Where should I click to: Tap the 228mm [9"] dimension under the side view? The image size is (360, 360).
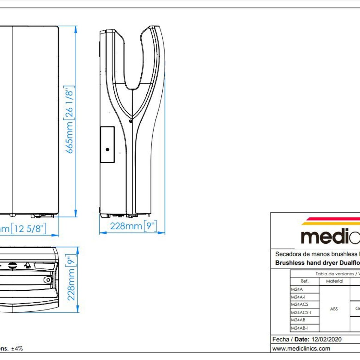pos(133,226)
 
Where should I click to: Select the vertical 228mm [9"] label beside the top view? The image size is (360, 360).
pos(71,278)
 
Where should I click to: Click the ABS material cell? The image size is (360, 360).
pos(334,309)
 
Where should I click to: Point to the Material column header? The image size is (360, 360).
pos(334,281)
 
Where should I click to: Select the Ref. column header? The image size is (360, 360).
pos(304,281)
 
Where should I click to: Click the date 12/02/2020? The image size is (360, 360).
pos(326,340)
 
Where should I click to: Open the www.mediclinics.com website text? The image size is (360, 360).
pos(301,349)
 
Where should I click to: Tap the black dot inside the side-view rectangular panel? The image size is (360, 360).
pos(107,149)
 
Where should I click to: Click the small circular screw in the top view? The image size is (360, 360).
pos(47,280)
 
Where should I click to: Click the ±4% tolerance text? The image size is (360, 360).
pos(17,349)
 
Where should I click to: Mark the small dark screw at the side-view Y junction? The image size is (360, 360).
pos(130,121)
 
